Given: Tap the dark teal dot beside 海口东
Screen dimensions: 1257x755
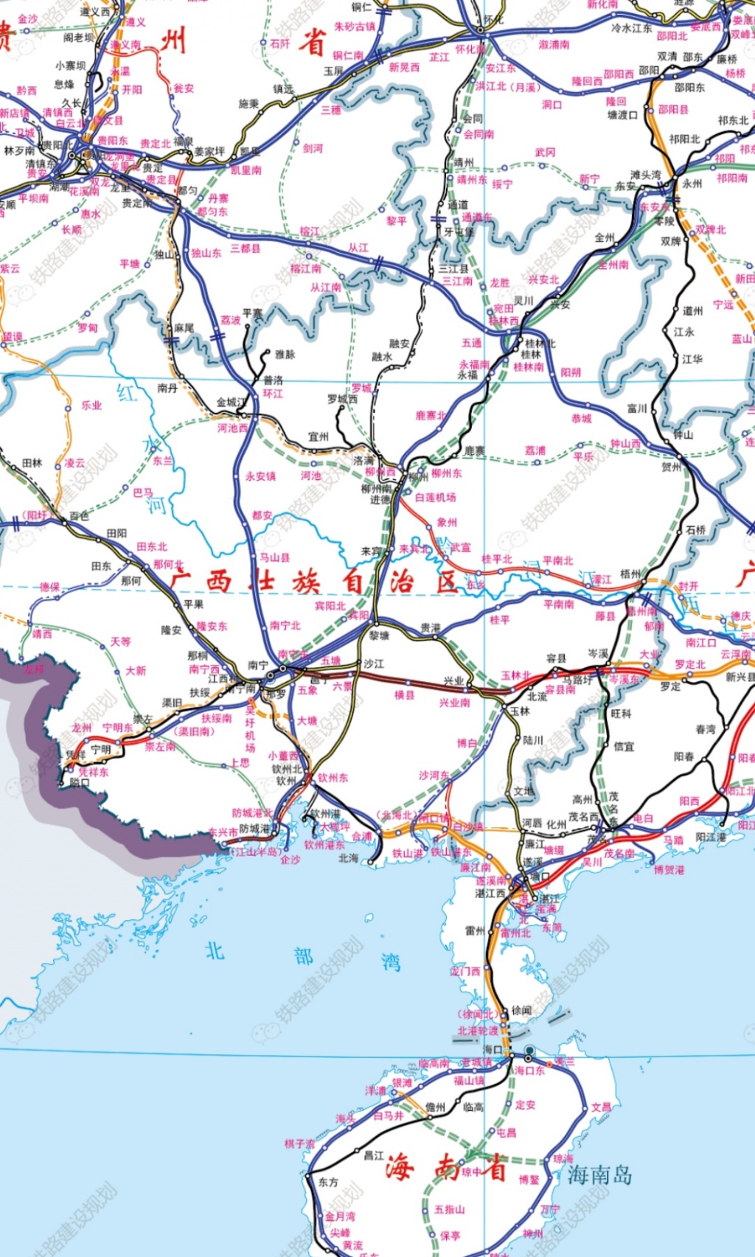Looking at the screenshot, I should click(529, 1050).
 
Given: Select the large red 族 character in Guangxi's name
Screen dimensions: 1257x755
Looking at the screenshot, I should click(305, 582).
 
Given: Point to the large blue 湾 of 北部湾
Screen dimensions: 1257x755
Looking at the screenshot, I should click(391, 961).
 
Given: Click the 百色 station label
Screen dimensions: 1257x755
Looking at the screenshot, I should click(79, 516).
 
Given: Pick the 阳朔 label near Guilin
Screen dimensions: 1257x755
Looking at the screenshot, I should click(571, 372).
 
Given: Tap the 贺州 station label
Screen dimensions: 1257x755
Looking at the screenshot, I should click(672, 467).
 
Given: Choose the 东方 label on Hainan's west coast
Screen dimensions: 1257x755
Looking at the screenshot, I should click(328, 1182).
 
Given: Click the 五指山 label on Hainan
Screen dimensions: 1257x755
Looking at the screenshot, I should click(449, 1209).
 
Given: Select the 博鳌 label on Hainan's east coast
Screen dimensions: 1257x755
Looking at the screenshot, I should click(529, 1180).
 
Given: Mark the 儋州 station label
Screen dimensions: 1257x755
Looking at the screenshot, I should click(435, 1107).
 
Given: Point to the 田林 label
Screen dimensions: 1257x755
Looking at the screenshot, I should click(32, 463).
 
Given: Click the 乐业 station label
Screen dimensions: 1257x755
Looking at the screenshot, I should click(91, 405).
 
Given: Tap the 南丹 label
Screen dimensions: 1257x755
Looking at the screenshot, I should click(167, 388).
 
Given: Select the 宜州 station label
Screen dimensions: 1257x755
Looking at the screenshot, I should click(319, 436).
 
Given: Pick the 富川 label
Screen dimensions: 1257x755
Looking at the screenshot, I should click(636, 408).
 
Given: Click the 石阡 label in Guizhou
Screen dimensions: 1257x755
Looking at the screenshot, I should click(279, 43).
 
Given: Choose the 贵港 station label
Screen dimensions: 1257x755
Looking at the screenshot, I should click(431, 628).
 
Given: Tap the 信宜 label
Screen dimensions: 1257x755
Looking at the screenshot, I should click(624, 746).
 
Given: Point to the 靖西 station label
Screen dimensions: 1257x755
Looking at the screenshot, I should click(42, 633).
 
